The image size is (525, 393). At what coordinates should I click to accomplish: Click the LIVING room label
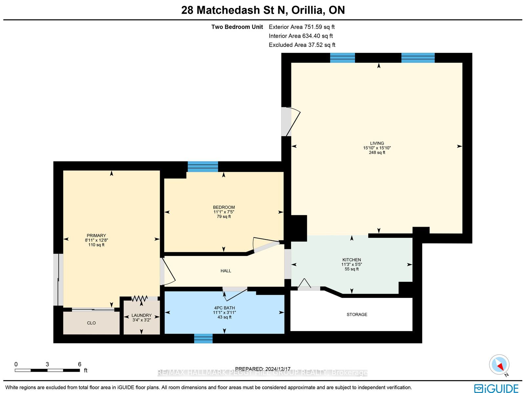[377, 143]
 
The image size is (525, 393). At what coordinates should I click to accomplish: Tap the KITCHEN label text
[352, 260]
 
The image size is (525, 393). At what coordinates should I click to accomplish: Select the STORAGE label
[357, 315]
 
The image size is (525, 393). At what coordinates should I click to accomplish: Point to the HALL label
[226, 271]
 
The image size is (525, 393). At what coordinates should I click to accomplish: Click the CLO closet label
[91, 323]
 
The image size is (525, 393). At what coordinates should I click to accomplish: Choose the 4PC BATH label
[224, 308]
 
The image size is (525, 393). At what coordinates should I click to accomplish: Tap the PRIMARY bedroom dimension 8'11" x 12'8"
[96, 240]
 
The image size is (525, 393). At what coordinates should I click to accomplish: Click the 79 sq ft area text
[224, 217]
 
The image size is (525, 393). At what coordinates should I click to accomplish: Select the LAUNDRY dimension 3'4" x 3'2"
[142, 320]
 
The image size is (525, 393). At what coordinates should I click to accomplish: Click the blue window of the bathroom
[203, 339]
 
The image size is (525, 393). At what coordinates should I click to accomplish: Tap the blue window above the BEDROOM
[203, 167]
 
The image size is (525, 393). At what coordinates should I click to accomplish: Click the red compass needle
[500, 366]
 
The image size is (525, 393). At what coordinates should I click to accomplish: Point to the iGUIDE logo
[496, 388]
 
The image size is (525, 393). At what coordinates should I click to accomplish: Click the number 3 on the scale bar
[47, 364]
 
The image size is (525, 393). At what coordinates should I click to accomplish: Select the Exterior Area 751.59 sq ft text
[302, 27]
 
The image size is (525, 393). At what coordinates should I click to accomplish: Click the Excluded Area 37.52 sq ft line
[302, 45]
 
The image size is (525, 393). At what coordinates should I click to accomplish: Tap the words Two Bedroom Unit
[237, 27]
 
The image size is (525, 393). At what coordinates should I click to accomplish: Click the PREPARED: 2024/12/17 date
[262, 369]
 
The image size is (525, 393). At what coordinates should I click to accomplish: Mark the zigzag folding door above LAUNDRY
[139, 298]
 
